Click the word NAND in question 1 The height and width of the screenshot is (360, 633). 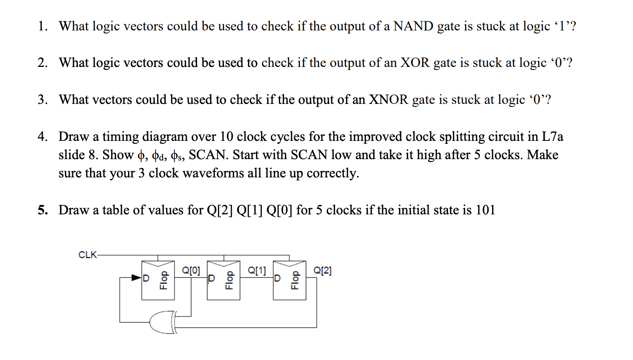click(413, 27)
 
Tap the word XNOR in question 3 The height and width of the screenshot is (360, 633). click(388, 100)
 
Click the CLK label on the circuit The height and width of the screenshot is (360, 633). click(88, 255)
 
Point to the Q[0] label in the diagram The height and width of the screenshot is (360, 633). click(191, 271)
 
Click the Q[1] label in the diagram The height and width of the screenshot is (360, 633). click(257, 271)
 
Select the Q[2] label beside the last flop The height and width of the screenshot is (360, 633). click(322, 271)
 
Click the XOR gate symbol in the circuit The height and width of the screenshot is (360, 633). click(163, 323)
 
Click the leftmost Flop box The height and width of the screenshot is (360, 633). click(158, 280)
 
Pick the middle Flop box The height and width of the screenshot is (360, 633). click(224, 280)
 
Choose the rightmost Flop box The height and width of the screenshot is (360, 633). click(289, 280)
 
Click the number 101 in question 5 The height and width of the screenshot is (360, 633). click(486, 210)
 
